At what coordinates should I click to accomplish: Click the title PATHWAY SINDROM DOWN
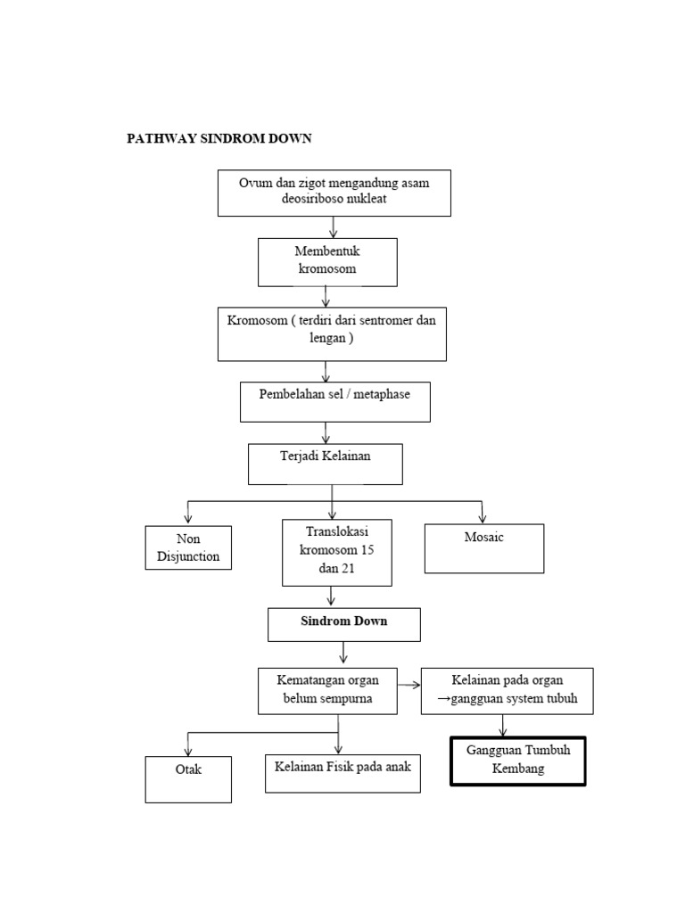219,139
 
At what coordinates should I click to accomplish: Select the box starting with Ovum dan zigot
334,193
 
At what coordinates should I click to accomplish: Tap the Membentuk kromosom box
327,261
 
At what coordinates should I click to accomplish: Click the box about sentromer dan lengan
332,333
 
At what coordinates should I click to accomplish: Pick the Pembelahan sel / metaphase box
334,401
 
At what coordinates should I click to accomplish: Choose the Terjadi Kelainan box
325,464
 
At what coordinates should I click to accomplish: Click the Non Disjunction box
188,547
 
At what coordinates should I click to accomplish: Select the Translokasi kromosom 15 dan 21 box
336,553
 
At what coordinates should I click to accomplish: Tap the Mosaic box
483,547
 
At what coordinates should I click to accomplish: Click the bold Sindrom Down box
343,623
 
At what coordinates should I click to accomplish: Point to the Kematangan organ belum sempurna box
327,690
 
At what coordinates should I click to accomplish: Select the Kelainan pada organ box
507,690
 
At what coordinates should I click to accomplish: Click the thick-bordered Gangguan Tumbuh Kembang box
517,761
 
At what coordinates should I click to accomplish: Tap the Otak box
188,778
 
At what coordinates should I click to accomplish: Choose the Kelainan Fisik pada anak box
342,772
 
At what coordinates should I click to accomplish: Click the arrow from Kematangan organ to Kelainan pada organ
409,686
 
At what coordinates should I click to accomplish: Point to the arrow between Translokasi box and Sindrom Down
332,596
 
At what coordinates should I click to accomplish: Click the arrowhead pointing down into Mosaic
483,517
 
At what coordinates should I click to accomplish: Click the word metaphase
382,394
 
